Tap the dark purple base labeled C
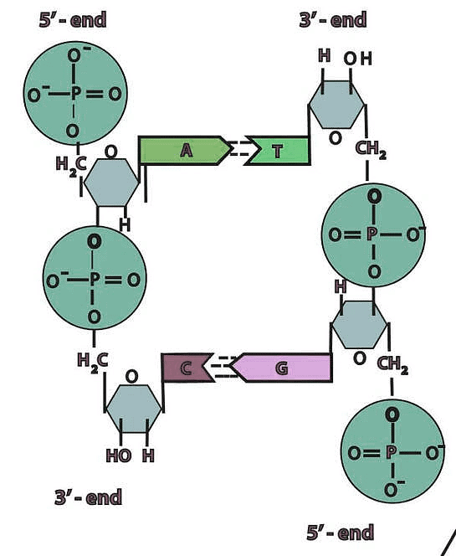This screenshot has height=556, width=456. coord(186,368)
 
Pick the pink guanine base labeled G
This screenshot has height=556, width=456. coord(282,368)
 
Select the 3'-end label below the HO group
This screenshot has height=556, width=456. coord(88,497)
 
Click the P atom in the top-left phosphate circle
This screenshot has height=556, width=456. coord(74,94)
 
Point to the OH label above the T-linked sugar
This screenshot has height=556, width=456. coord(356,59)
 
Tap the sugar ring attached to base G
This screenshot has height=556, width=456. coord(359,323)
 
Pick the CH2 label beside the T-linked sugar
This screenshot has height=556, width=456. coord(371,149)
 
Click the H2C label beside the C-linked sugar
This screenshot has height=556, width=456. coord(91,361)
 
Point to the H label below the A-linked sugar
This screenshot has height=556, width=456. coord(125,224)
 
